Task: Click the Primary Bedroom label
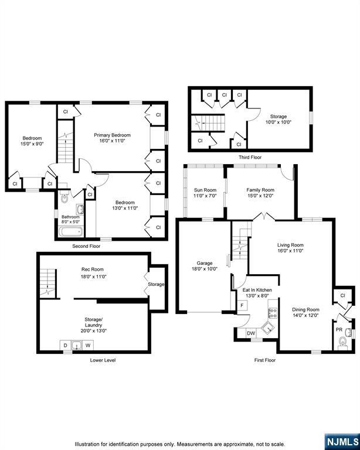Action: click(x=112, y=135)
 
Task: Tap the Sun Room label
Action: click(x=205, y=190)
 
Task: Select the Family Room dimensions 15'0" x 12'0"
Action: click(x=260, y=196)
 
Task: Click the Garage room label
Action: click(x=205, y=263)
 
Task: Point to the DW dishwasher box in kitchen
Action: click(x=251, y=333)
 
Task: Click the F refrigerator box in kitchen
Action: click(x=242, y=305)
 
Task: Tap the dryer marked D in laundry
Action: click(x=66, y=345)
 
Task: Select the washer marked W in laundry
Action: click(x=88, y=345)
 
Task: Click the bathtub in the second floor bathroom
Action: click(x=71, y=231)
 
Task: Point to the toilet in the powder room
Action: click(x=342, y=342)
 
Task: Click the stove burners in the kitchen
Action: click(x=273, y=313)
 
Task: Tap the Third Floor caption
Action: click(x=250, y=157)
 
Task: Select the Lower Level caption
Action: click(x=103, y=360)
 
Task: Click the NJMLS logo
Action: click(x=342, y=442)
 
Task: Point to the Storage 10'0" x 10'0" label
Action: click(x=279, y=120)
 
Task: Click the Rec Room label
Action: click(x=93, y=270)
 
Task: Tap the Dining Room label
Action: click(x=305, y=309)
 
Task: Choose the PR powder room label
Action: click(x=339, y=330)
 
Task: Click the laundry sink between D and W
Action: click(x=77, y=345)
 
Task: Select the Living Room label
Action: click(x=290, y=245)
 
